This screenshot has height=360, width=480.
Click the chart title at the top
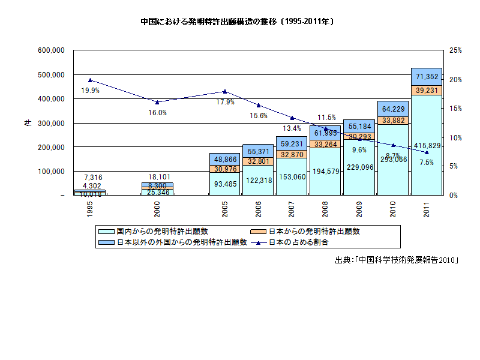pos(238,21)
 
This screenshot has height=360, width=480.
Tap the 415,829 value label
pos(427,146)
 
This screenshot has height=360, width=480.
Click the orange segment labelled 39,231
pos(427,90)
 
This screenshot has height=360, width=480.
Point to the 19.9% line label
pos(90,91)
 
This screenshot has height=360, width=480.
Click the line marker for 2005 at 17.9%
pos(225,91)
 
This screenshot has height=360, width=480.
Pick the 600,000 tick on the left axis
pos(51,50)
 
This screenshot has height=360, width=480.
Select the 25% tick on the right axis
pos(454,50)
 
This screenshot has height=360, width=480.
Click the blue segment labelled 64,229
pos(393,109)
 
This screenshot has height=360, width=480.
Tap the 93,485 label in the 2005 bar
pos(225,184)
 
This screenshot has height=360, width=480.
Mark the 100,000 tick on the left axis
pos(51,171)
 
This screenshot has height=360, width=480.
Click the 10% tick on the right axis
pos(454,137)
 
